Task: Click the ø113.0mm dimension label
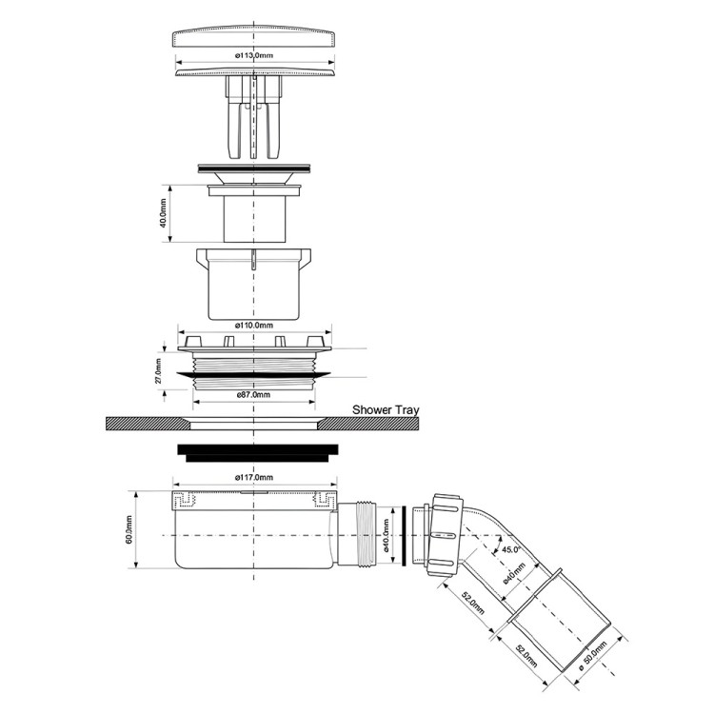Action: click(x=254, y=55)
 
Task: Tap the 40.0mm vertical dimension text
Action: click(x=164, y=213)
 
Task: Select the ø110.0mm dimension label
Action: click(x=254, y=326)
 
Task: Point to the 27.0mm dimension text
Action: click(x=157, y=370)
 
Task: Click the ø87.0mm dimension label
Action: click(x=253, y=394)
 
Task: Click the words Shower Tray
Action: click(x=386, y=409)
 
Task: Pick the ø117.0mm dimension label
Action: click(x=254, y=477)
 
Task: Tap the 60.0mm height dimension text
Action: click(x=129, y=529)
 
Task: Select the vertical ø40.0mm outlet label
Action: click(x=387, y=535)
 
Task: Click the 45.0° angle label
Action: click(x=511, y=549)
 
